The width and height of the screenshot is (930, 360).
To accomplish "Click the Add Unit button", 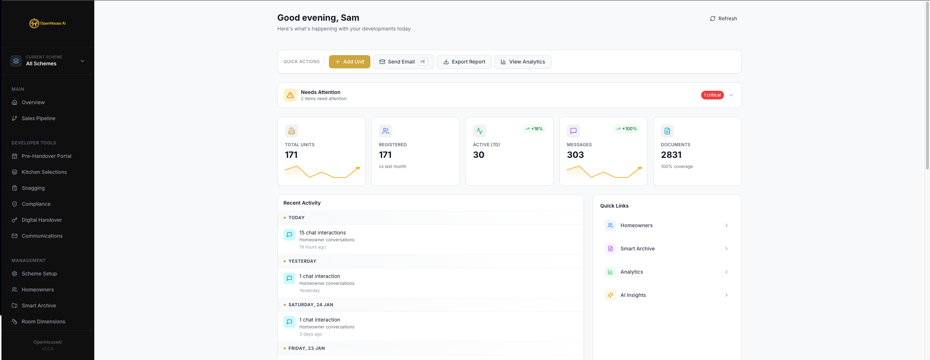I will pyautogui.click(x=349, y=62).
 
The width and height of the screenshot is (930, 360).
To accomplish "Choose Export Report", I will pyautogui.click(x=464, y=62).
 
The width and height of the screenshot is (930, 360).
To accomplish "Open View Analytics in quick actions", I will pyautogui.click(x=522, y=62).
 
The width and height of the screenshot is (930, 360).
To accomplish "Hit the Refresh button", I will pyautogui.click(x=723, y=19).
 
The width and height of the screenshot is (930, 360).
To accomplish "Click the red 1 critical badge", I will pyautogui.click(x=712, y=95).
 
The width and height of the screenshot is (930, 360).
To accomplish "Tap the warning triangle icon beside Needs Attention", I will pyautogui.click(x=290, y=95).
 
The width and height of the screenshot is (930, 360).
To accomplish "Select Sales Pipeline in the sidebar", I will pyautogui.click(x=38, y=118).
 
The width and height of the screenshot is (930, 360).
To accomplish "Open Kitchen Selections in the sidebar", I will pyautogui.click(x=44, y=172).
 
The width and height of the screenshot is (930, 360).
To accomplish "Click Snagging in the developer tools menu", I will pyautogui.click(x=33, y=188).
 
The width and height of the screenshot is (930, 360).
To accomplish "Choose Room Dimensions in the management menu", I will pyautogui.click(x=43, y=322).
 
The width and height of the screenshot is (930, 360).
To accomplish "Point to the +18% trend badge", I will pyautogui.click(x=534, y=129).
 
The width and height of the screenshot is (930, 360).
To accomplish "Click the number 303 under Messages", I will pyautogui.click(x=575, y=155).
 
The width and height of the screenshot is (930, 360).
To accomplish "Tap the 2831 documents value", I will pyautogui.click(x=671, y=155).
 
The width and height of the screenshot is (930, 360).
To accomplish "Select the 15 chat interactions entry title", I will pyautogui.click(x=322, y=233).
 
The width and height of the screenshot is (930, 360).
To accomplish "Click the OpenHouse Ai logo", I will pyautogui.click(x=48, y=23).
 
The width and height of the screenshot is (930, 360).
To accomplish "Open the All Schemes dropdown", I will pyautogui.click(x=48, y=61).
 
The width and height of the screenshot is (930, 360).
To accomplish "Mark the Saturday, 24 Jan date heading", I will pyautogui.click(x=310, y=305).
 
